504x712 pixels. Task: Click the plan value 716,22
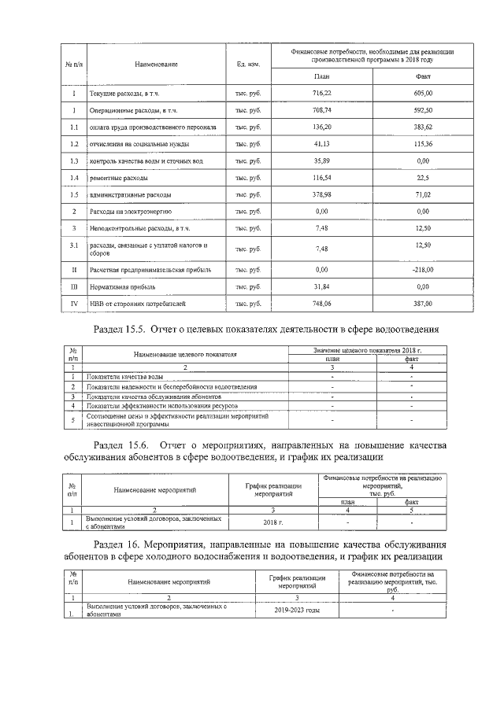click(x=321, y=93)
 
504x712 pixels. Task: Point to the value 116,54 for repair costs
click(x=321, y=178)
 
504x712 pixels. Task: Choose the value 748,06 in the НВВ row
click(x=321, y=302)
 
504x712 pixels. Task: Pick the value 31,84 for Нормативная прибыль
click(x=321, y=286)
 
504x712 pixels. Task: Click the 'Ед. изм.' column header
click(x=248, y=64)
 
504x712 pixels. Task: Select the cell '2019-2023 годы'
click(x=297, y=611)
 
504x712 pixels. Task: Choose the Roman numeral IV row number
click(x=72, y=302)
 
